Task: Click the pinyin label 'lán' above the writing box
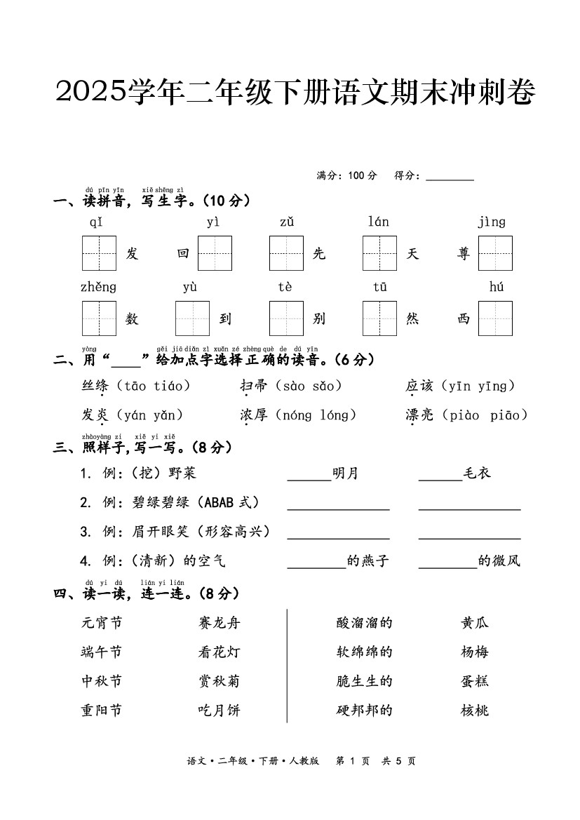tap(378, 222)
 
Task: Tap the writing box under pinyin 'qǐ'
tap(99, 253)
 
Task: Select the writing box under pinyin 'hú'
tap(495, 318)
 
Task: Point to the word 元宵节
tap(102, 622)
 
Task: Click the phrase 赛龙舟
tap(219, 622)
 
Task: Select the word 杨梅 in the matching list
tap(474, 652)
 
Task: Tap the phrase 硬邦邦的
tap(364, 710)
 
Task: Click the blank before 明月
tap(309, 475)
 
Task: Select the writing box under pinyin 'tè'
tap(286, 318)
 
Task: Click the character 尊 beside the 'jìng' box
tap(463, 254)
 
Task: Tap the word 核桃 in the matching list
tap(474, 710)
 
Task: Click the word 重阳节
tap(102, 710)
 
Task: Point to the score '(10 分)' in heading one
tap(226, 201)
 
